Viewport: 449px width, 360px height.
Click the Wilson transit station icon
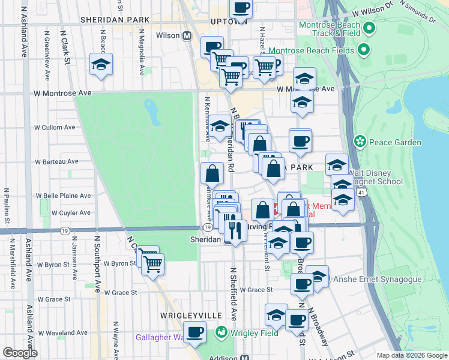pos(187,36)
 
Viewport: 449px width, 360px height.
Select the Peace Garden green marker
pos(360,142)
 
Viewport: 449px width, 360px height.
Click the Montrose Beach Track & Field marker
pos(370,28)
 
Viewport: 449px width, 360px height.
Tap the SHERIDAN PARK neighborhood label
pos(110,20)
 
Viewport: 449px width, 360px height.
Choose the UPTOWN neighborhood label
pos(229,22)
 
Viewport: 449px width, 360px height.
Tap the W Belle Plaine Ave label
pos(64,196)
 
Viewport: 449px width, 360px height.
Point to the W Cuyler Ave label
pos(59,212)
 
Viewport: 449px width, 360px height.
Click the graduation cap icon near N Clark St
pos(101,65)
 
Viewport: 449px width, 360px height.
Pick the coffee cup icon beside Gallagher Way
pos(194,332)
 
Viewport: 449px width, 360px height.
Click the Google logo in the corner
pos(20,353)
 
